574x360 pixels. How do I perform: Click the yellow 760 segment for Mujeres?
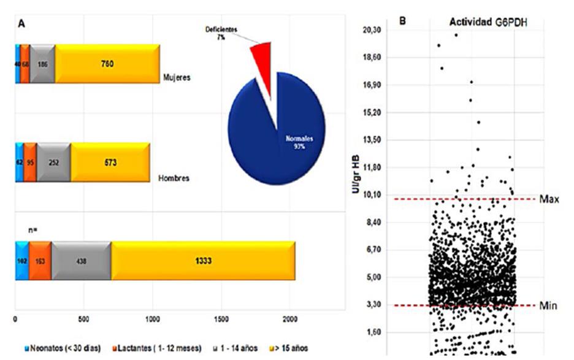point(107,64)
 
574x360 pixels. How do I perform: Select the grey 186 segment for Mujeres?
point(42,64)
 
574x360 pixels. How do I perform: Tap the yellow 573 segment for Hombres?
point(110,163)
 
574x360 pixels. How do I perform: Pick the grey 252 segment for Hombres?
point(53,163)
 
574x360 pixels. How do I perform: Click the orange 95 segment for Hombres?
point(30,163)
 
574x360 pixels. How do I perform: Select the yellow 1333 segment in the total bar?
point(203,261)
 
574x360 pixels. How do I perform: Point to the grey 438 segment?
point(81,261)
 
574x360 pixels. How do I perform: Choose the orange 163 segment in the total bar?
point(40,261)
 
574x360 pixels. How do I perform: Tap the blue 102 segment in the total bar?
point(21,261)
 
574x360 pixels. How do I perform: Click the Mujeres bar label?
point(177,79)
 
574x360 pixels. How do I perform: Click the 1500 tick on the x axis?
point(222,320)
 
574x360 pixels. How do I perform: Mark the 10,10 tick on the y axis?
point(373,194)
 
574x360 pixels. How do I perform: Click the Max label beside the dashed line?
point(549,199)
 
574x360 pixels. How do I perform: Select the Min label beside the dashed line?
point(548,305)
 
